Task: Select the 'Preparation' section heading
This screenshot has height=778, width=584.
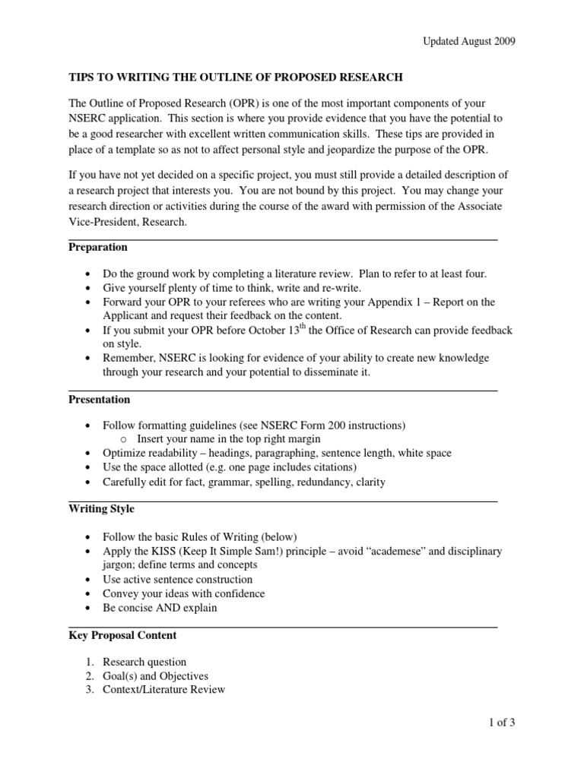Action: coord(98,247)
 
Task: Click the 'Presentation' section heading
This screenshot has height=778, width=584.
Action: coord(100,399)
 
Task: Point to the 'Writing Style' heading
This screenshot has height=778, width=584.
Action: coord(101,508)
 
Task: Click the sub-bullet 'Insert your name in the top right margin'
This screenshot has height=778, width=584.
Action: coord(229,438)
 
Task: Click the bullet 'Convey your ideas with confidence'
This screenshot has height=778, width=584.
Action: coord(184,593)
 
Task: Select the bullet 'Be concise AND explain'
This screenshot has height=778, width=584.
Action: coord(160,608)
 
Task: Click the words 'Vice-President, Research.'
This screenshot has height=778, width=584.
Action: coord(127,223)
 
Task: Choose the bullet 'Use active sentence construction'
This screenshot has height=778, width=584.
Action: coord(178,579)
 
